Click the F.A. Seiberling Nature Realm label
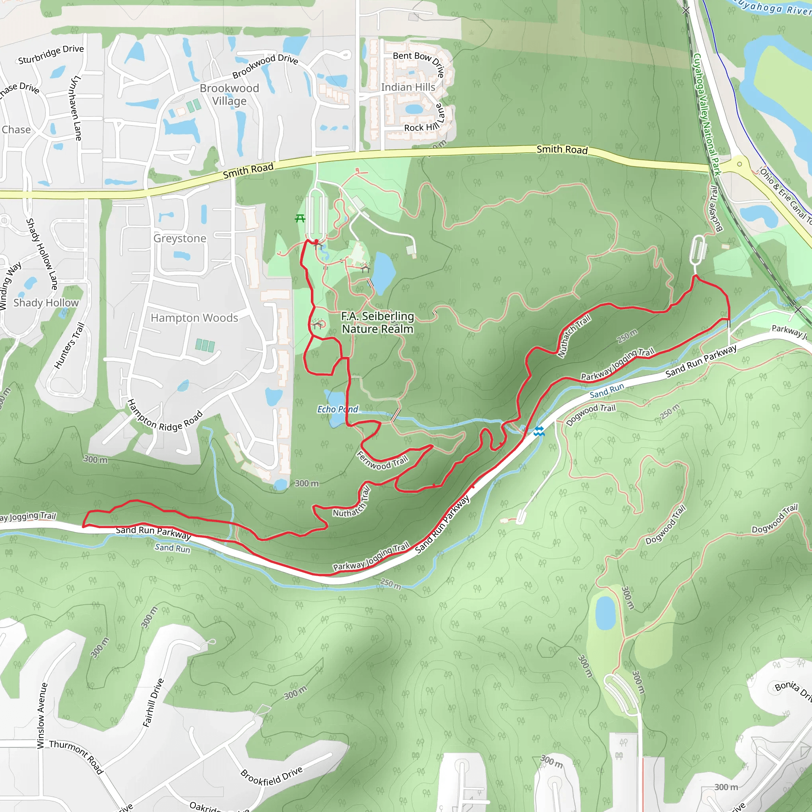tap(377, 322)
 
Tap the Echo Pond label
tap(337, 409)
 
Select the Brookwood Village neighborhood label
tap(229, 95)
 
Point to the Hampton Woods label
tap(194, 318)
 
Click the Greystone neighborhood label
tap(180, 238)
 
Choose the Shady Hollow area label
tap(46, 303)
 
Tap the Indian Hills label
tap(408, 87)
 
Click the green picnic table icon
tap(300, 218)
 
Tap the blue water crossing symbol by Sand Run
tap(539, 431)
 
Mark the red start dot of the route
tap(316, 241)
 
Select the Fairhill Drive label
tap(153, 702)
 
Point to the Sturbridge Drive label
tap(51, 54)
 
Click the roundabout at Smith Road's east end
tap(739, 164)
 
